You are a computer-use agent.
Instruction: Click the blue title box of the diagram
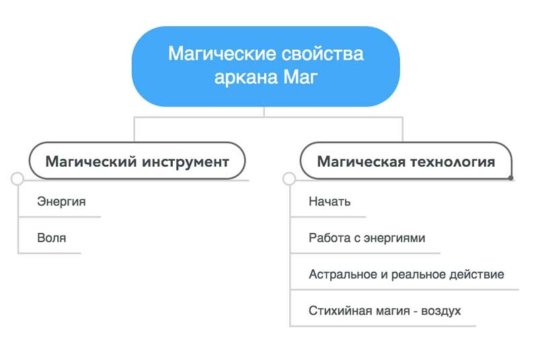click(x=266, y=66)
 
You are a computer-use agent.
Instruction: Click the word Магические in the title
click(x=222, y=54)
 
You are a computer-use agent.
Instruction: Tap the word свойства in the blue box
click(x=323, y=54)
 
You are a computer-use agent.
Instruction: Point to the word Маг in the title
click(x=300, y=77)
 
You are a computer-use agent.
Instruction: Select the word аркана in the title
click(x=246, y=78)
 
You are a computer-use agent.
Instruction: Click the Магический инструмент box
click(x=137, y=161)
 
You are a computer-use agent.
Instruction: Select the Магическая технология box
click(x=406, y=161)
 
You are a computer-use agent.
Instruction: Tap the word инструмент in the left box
click(x=186, y=162)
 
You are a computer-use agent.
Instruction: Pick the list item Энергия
click(x=61, y=201)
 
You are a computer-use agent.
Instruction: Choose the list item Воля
click(x=52, y=238)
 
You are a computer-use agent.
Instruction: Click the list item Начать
click(x=330, y=201)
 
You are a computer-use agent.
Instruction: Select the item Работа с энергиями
click(x=367, y=238)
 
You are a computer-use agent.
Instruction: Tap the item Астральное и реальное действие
click(x=406, y=274)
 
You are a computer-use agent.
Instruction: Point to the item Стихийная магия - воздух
click(x=385, y=311)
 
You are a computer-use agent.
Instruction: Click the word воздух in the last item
click(x=441, y=312)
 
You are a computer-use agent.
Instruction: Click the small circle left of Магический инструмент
click(x=17, y=179)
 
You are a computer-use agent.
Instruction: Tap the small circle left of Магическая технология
click(x=289, y=179)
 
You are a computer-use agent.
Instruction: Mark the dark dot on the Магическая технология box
click(x=511, y=178)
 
